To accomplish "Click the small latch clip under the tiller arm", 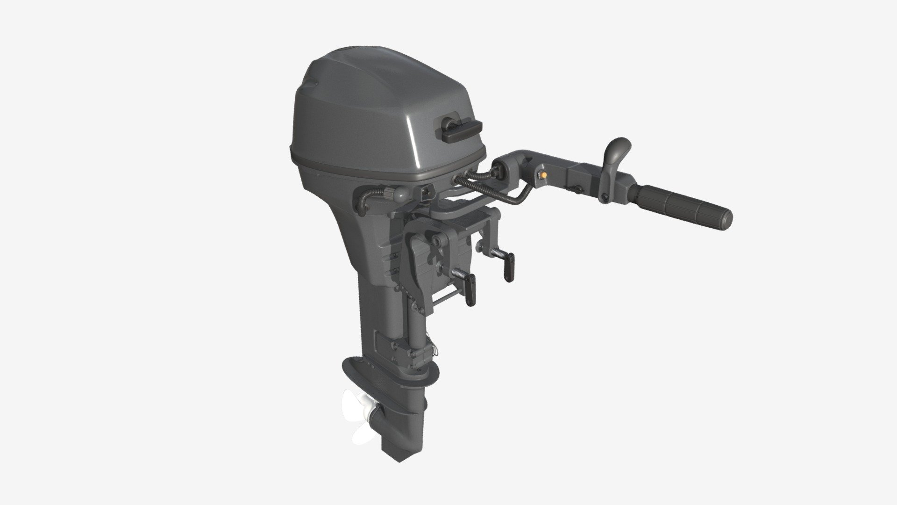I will coord(577,189).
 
